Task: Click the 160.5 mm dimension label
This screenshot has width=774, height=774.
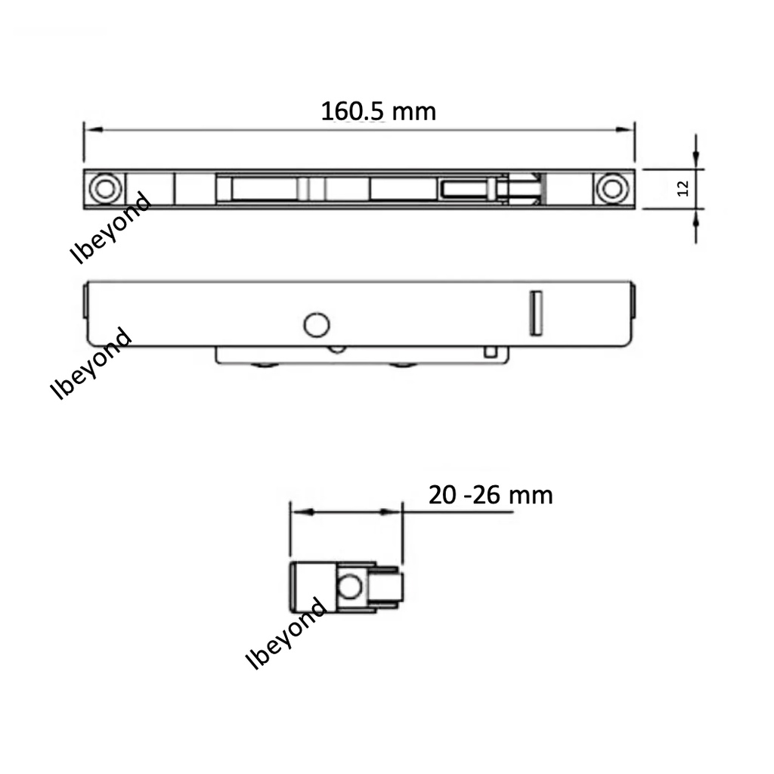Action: (379, 111)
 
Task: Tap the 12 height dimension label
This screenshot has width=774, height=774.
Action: (683, 188)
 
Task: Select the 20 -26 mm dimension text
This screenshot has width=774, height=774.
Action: (491, 495)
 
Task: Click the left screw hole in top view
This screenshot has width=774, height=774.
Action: (105, 188)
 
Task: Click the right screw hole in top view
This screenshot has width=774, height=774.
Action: (612, 188)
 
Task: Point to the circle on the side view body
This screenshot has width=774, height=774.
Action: (317, 325)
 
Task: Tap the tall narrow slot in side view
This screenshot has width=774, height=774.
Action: (536, 314)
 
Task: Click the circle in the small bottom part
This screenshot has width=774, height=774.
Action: (349, 587)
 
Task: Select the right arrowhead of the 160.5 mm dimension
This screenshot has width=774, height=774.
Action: (624, 130)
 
